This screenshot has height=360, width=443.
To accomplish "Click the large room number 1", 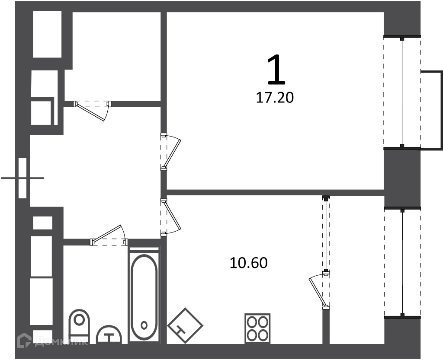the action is point(276,70).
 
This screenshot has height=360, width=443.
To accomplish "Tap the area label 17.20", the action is point(275,98).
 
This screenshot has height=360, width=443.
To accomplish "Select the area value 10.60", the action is point(249,263).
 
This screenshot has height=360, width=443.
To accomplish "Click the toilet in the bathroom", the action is point(79,326).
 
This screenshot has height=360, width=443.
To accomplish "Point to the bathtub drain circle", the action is point(144,325).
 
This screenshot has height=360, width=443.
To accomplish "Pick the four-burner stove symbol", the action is point(257,328).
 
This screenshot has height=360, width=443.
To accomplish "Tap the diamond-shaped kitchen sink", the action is point(185,325).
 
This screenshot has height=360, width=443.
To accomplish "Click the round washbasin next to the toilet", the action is point(109,335).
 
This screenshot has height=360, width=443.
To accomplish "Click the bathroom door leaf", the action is point(106,233).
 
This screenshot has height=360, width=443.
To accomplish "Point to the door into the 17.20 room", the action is point(171,152).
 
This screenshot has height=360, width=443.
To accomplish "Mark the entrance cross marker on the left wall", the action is point(22,178).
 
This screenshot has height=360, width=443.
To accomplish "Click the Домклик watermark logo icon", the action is point(25,340).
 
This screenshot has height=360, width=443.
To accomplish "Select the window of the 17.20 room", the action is point(402,92).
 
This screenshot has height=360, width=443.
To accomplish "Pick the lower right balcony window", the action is point(402,262).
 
